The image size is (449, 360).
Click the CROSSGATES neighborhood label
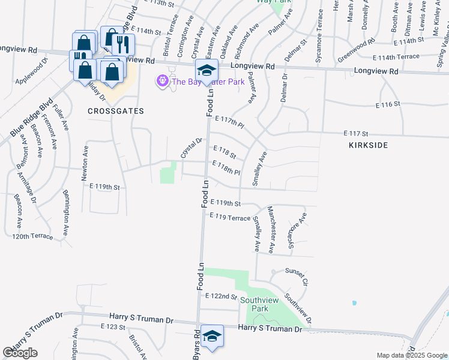click(108, 111)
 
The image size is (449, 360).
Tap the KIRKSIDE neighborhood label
click(368, 145)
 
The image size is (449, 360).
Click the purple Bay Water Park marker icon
click(161, 80)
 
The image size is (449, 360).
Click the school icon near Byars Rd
click(212, 337)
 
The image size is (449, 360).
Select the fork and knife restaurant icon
click(122, 44)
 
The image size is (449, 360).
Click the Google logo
click(20, 353)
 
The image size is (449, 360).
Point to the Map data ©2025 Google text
click(411, 355)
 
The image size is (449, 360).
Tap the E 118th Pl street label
click(226, 167)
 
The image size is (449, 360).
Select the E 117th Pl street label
click(230, 122)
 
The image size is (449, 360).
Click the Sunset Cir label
click(296, 277)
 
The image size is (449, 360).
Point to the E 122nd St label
click(221, 296)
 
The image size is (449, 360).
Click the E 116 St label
click(387, 105)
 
